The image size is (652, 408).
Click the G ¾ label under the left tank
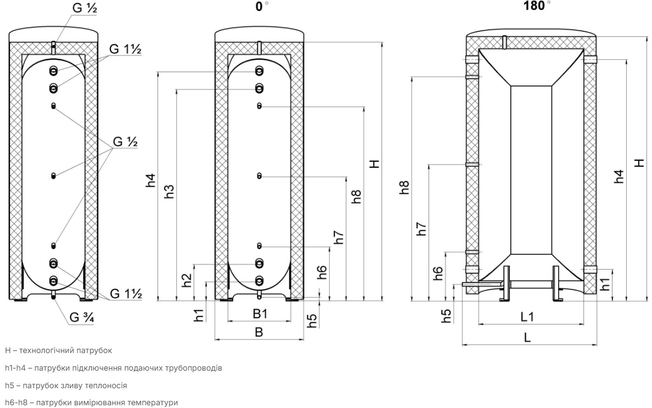81,317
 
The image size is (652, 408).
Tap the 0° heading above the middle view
262,6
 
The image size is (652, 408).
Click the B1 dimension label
260,314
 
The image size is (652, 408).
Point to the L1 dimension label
527,317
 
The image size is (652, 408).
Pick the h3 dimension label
169,191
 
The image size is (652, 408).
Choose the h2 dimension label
187,280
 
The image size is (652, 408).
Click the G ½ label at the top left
85,8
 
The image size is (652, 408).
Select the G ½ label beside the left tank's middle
125,142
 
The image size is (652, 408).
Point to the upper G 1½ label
125,49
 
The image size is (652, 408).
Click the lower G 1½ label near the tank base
126,294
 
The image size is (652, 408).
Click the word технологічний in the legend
47,350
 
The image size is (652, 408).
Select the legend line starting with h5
66,385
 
